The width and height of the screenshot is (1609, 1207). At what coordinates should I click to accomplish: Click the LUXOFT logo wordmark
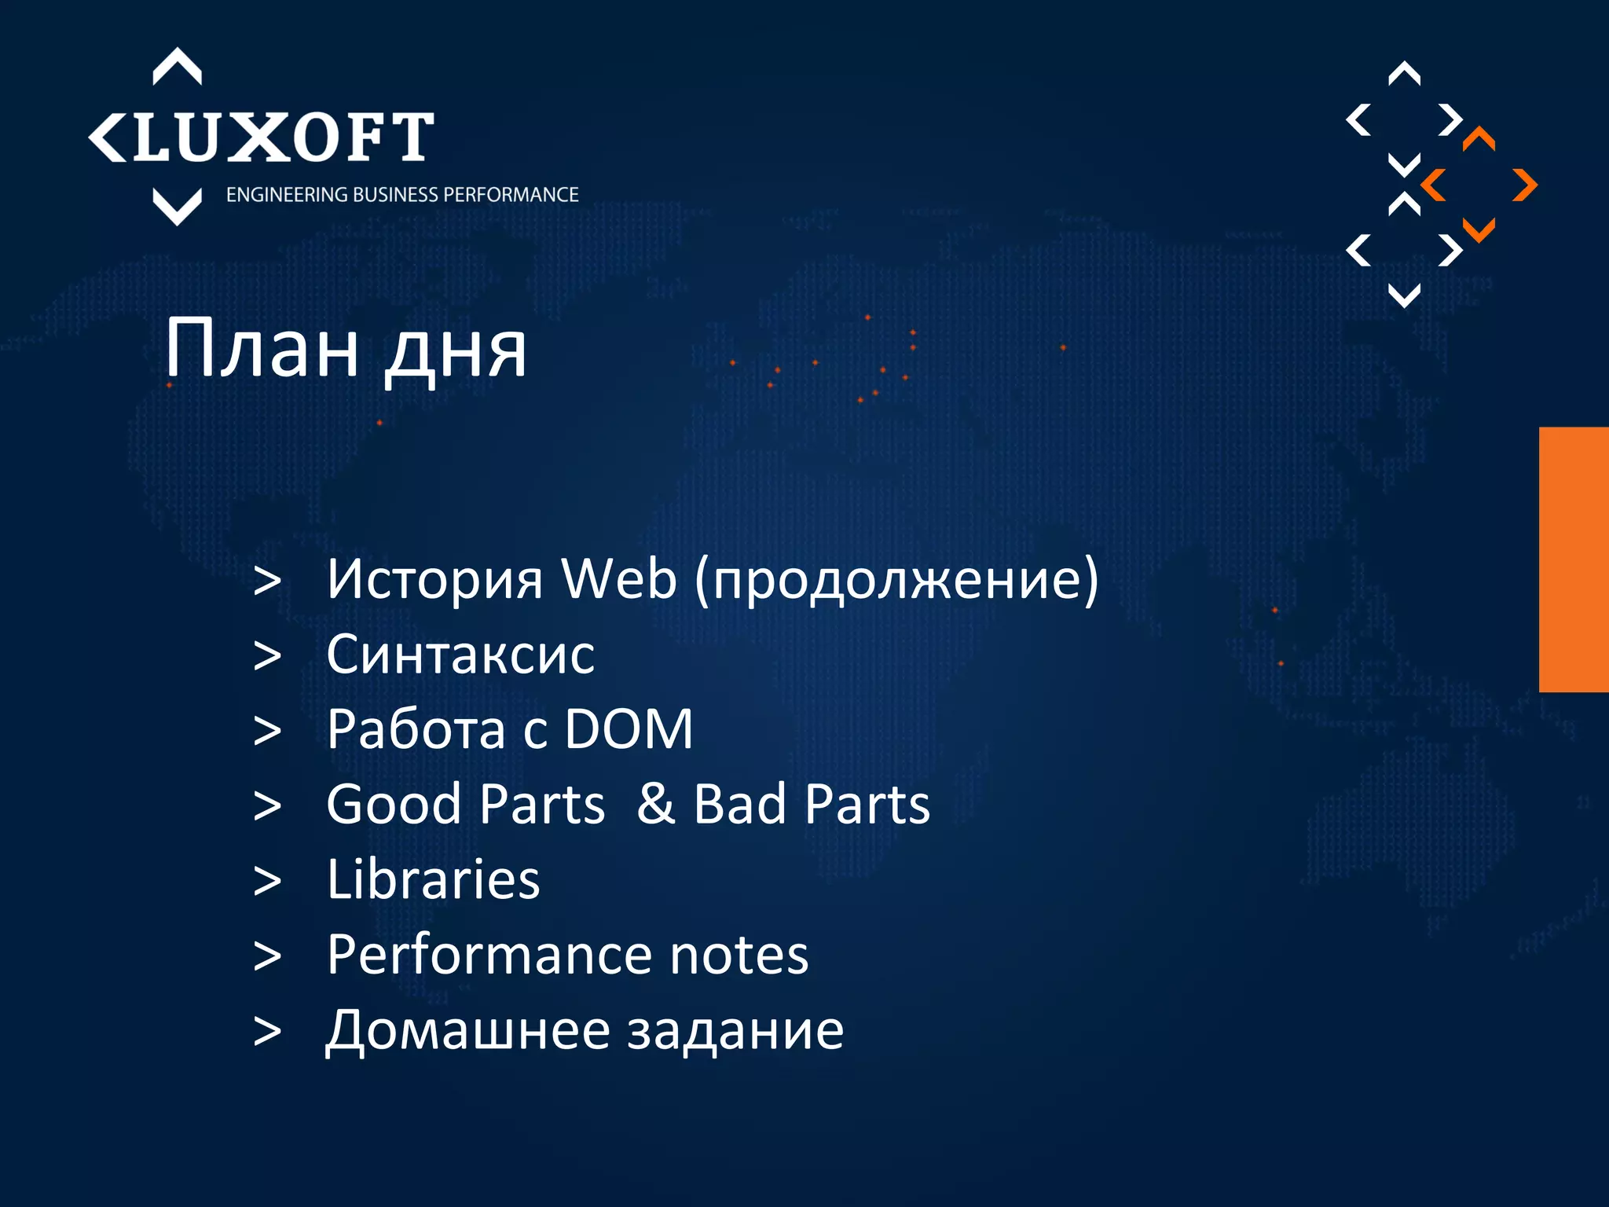(263, 138)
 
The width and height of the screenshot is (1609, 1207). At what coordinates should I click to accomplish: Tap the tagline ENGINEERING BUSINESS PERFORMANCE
(402, 195)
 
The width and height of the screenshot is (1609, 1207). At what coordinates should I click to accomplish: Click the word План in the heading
(261, 348)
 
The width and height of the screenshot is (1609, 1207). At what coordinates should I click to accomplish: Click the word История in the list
(434, 580)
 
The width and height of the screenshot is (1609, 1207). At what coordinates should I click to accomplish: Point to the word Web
(618, 580)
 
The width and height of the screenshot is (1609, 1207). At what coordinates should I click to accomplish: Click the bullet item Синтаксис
(460, 655)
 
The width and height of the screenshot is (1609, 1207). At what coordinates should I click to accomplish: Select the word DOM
(629, 730)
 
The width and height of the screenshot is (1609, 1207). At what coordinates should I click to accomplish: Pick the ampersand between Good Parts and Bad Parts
(656, 805)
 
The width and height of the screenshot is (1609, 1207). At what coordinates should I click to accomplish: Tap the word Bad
(739, 805)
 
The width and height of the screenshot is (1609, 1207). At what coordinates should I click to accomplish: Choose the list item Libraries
(433, 879)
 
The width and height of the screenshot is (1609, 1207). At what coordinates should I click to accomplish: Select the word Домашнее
(468, 1030)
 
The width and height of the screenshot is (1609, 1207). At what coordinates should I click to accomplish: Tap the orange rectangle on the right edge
(1574, 559)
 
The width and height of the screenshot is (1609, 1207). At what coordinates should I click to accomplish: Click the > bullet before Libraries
(267, 881)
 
